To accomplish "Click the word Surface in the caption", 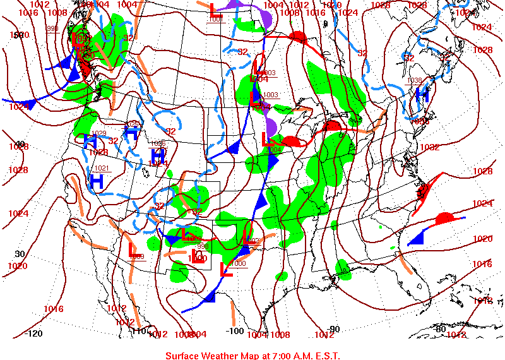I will pos(184,356).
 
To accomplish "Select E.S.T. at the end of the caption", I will pos(326,356).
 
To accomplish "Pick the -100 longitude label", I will pos(234,331).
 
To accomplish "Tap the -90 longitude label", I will pos(333,328).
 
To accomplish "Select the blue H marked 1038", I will pos(422,95).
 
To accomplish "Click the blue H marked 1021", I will pos(97,181).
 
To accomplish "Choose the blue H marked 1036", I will pos(158,155).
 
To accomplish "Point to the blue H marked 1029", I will pos(90,141).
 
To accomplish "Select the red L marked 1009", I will pos(134,250).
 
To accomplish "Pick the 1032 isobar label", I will pos(429,147).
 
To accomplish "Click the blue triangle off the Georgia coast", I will pos(416,238).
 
